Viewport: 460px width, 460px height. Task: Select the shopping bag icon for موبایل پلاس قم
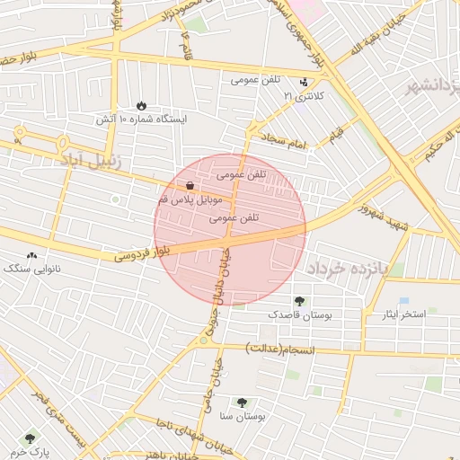(x=191, y=185)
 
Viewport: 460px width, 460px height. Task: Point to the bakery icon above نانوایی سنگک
(x=33, y=255)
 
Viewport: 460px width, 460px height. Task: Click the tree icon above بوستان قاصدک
(x=298, y=301)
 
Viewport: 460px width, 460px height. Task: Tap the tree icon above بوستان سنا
(x=241, y=402)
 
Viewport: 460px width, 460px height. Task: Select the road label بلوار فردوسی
(x=143, y=252)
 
